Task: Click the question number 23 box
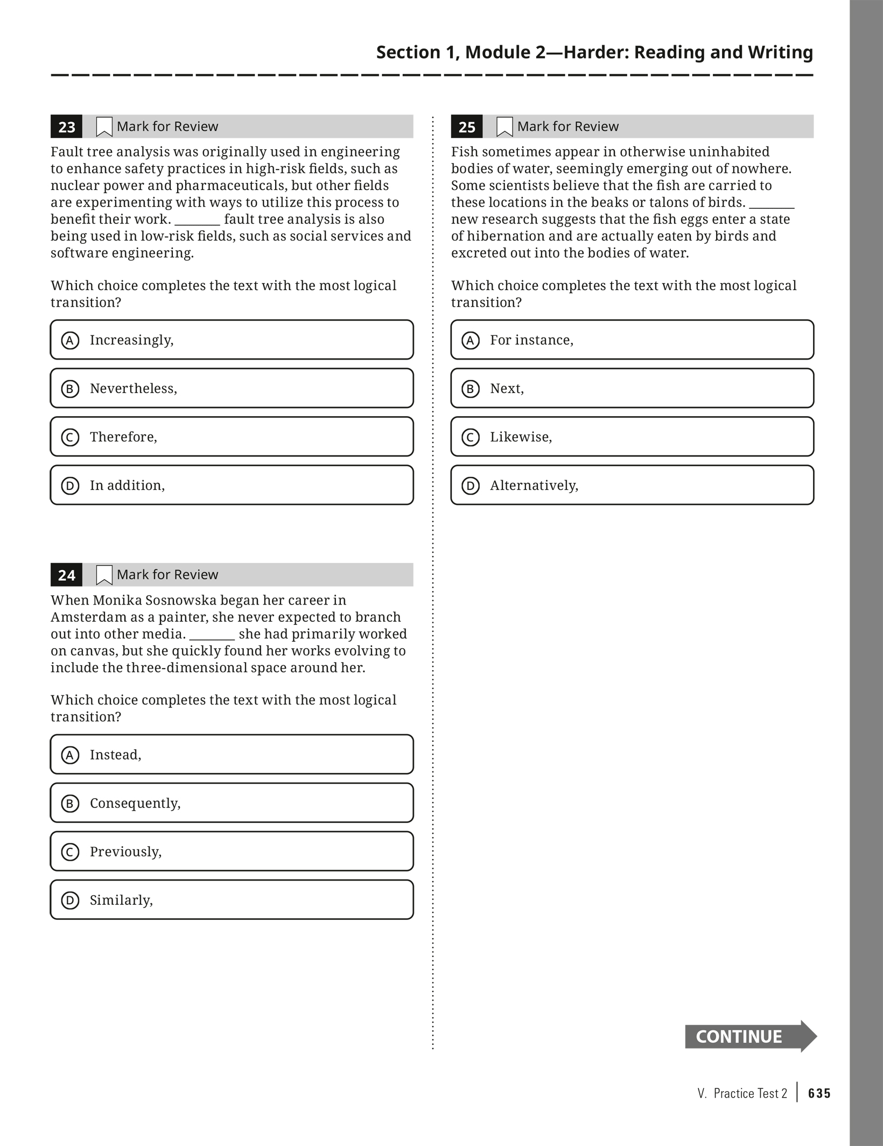66,126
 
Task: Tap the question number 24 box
66,575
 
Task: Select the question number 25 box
467,126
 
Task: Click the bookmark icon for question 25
504,127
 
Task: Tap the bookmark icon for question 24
104,575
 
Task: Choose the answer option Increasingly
232,340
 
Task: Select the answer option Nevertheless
232,388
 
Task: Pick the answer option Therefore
232,437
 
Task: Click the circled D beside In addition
70,486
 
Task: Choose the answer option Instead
232,754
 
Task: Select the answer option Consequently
232,803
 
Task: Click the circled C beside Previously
70,852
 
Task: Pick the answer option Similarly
232,899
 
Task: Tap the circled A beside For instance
471,340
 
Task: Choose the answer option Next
632,388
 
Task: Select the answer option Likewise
632,437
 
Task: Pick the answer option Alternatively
632,485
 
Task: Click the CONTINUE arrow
750,1036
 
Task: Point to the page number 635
819,1093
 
